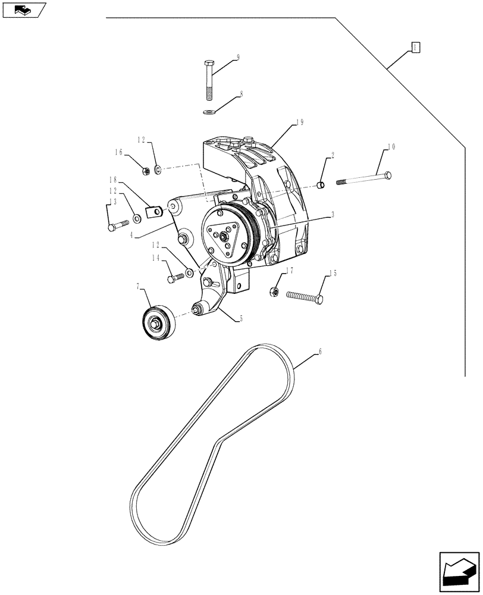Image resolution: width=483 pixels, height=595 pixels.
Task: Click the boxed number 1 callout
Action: [x=416, y=48]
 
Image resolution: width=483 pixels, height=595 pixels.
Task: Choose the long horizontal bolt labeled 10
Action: [x=365, y=178]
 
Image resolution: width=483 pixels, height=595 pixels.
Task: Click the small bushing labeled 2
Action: [x=321, y=186]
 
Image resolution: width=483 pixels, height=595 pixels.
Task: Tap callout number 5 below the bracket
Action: [x=240, y=319]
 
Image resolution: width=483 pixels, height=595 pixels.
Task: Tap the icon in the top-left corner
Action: [x=23, y=10]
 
